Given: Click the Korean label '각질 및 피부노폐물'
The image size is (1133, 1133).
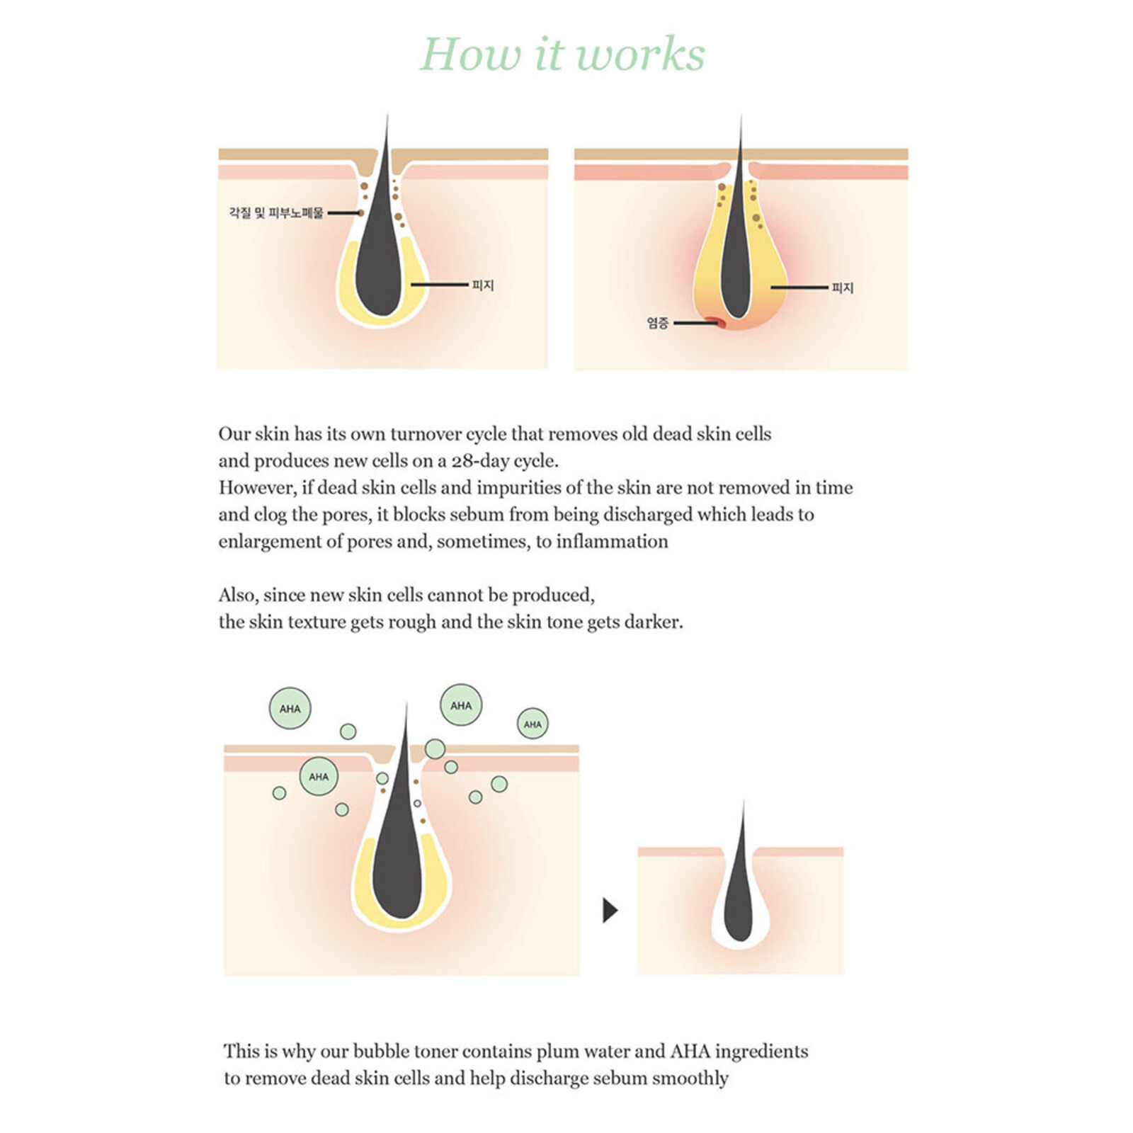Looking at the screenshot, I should (x=275, y=212).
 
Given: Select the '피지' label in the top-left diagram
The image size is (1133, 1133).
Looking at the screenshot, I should (x=482, y=285).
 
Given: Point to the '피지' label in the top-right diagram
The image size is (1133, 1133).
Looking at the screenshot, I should (x=842, y=288).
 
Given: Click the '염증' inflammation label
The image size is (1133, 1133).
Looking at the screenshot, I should (x=657, y=323).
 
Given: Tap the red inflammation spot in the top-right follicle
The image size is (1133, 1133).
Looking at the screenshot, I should (x=721, y=324).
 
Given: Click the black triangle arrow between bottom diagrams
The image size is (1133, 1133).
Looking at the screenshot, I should (x=610, y=910).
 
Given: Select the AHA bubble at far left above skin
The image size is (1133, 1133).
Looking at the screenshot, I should (x=290, y=708).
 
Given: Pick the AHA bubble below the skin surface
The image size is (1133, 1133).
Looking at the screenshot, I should (x=319, y=777).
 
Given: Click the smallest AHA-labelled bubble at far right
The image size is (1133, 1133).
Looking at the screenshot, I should (x=533, y=724).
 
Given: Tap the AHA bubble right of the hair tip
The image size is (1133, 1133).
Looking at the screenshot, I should (x=461, y=705).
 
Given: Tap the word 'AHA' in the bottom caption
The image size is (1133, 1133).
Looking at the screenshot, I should (x=690, y=1052).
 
